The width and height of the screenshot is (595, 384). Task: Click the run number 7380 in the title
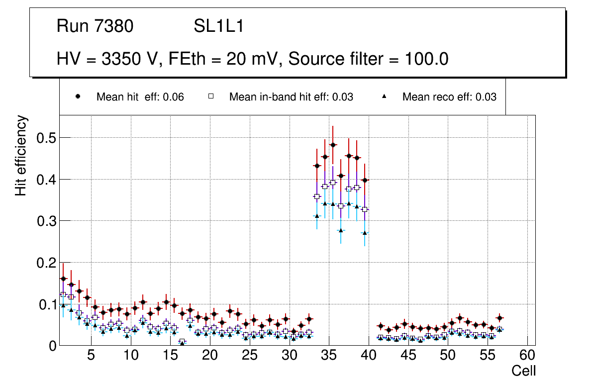[114, 26]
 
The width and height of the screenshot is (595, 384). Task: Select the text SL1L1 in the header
[219, 26]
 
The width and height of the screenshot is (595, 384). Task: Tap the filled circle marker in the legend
[78, 96]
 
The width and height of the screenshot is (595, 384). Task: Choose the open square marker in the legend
[210, 96]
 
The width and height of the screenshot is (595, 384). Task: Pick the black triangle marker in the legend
[384, 96]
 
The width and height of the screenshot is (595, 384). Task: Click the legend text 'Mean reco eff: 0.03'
[449, 97]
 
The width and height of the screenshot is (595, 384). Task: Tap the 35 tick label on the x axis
[329, 356]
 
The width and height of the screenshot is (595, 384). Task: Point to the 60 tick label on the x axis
[527, 356]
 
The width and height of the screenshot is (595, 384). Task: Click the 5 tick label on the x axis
[91, 356]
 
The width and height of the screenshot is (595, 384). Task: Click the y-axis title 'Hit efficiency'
[21, 155]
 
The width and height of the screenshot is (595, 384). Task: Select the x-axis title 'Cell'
[524, 371]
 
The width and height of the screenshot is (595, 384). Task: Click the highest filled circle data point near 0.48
[333, 145]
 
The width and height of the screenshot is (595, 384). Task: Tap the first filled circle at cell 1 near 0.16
[63, 279]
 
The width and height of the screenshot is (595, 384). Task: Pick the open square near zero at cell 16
[182, 342]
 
